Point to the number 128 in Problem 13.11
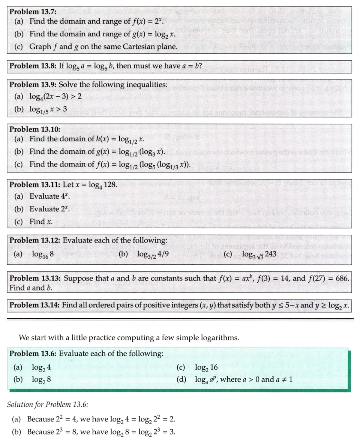click(111, 184)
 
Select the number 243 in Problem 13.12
click(270, 254)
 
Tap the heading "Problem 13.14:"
click(34, 305)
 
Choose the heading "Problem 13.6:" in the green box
click(33, 354)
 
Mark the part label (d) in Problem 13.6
click(181, 379)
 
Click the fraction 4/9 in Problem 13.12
click(162, 254)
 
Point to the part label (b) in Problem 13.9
click(19, 109)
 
